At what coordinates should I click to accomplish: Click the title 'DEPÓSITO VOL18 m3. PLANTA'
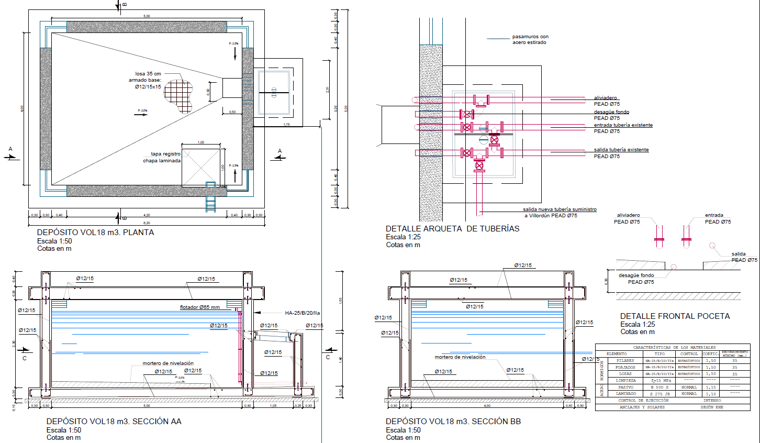[95, 232]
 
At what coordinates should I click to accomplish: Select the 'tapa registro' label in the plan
[165, 154]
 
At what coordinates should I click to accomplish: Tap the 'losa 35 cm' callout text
[148, 74]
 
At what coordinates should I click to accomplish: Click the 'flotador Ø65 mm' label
[200, 307]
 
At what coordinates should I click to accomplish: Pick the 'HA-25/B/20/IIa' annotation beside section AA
[302, 313]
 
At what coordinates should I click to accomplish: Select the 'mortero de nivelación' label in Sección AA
[168, 363]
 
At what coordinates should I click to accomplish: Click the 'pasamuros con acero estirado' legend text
[530, 39]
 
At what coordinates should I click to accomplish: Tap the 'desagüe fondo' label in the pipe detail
[611, 112]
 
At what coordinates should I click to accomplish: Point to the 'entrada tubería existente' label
[623, 125]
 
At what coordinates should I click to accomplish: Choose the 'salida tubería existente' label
[621, 150]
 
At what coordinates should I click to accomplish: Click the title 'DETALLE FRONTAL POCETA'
[675, 316]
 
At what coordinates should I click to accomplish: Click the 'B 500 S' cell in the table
[660, 387]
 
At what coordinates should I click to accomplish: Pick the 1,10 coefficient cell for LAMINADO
[710, 394]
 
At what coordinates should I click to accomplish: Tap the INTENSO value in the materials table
[712, 401]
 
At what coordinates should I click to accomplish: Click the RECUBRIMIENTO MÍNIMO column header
[735, 354]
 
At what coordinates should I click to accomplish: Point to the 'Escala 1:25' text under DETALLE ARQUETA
[403, 237]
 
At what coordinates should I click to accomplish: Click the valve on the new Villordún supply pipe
[479, 166]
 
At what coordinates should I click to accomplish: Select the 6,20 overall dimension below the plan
[147, 223]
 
